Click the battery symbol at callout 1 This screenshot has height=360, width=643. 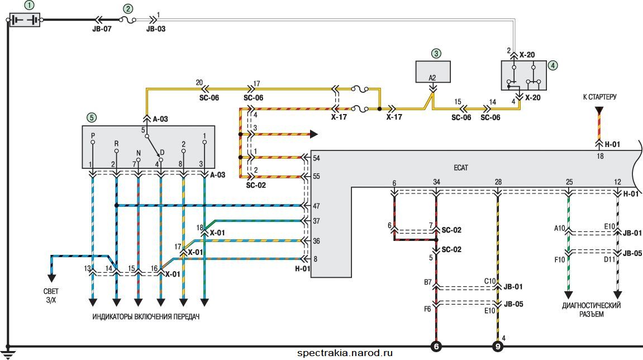click(25, 20)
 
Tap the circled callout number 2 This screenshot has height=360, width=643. click(128, 8)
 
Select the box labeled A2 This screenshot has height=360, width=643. click(433, 72)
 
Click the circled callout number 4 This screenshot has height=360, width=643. click(553, 65)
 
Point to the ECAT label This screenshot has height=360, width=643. click(460, 168)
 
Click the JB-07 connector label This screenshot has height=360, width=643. click(101, 29)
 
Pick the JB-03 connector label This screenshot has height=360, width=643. click(156, 29)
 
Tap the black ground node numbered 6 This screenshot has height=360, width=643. click(436, 347)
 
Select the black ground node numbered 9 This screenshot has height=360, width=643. click(498, 347)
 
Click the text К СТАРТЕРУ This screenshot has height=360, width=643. click(599, 97)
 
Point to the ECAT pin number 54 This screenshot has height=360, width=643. click(316, 158)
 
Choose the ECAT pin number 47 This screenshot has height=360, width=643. click(316, 206)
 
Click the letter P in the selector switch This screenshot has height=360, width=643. click(93, 135)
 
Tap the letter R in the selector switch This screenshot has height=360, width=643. click(116, 144)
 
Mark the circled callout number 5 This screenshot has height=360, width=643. click(92, 117)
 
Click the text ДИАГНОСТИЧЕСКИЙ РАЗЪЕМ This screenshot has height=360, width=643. click(592, 310)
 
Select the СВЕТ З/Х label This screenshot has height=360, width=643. click(51, 296)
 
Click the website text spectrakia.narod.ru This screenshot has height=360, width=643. click(345, 353)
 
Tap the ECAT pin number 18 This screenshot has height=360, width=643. click(600, 156)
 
